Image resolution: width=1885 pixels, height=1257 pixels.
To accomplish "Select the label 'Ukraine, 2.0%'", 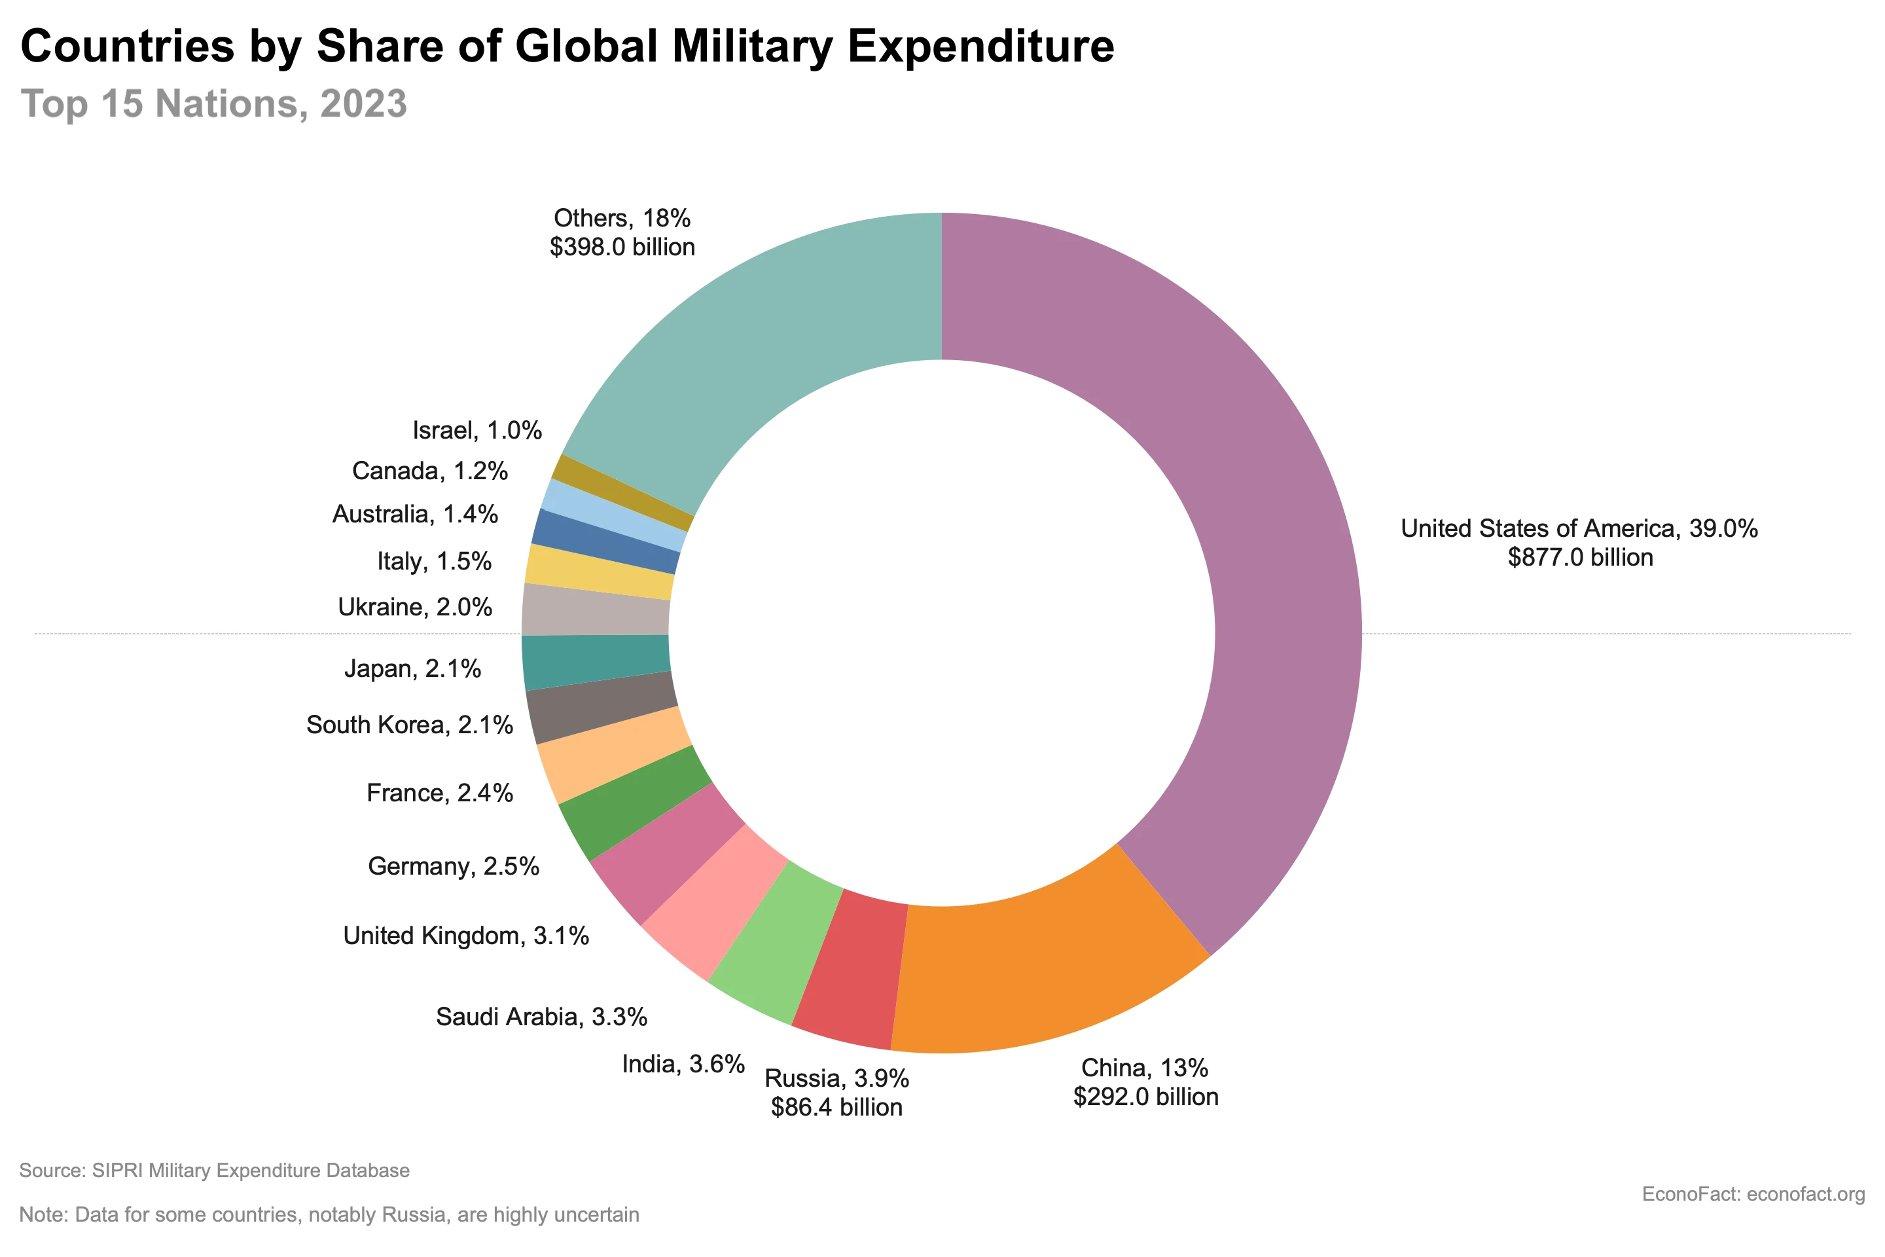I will coord(414,608).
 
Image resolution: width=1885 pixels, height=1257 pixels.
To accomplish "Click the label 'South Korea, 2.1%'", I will coord(410,725).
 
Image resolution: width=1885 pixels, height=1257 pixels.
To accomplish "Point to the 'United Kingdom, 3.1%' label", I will coord(465,936).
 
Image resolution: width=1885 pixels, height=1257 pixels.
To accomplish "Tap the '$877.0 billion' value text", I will coord(1579,558).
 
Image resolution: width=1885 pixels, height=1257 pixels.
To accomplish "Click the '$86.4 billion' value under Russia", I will coord(836,1108).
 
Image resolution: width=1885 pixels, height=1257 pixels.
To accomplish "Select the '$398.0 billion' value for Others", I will coord(622,247).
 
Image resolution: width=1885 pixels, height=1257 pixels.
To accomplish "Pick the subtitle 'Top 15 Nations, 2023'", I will coord(213,104).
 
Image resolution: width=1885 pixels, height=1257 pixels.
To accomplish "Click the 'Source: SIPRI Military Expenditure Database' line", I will coord(214,1171).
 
